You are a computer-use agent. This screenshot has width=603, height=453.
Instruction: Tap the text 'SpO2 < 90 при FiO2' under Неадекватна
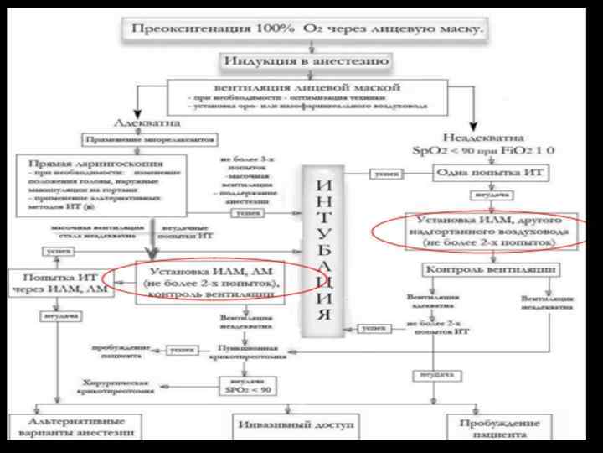479,151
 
